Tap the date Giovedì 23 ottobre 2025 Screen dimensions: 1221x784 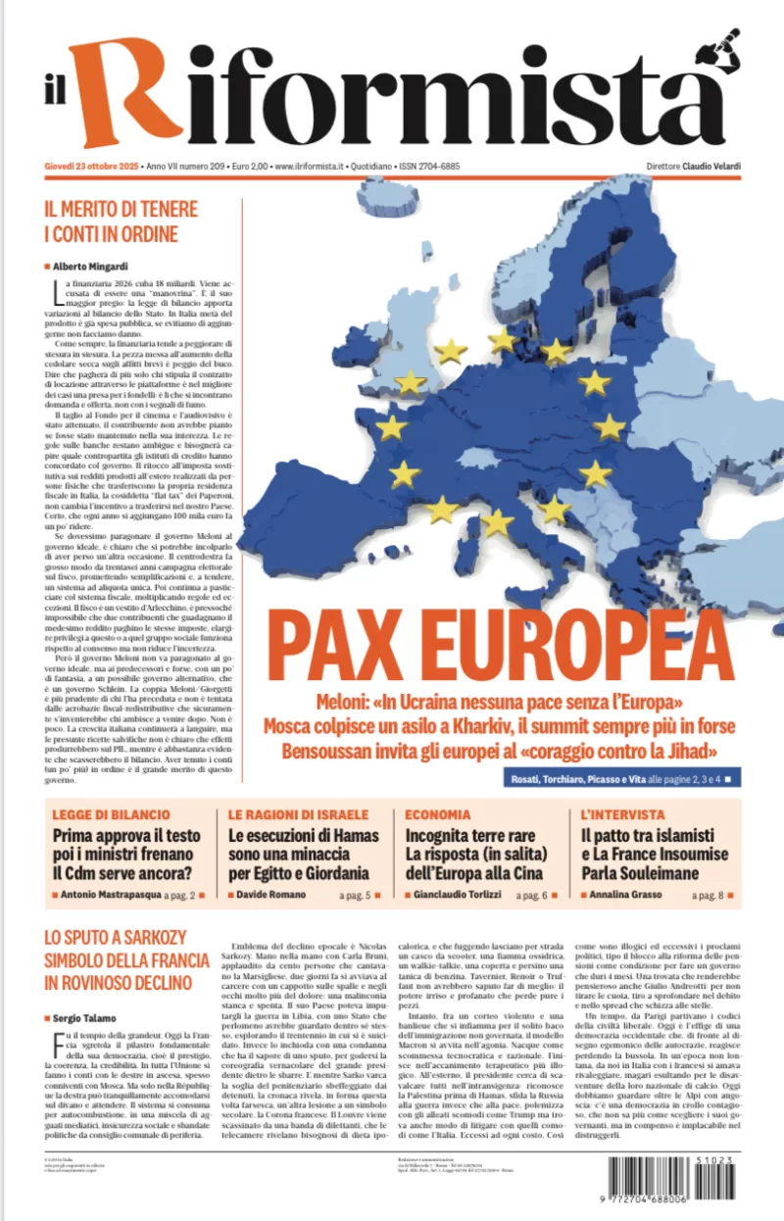[91, 166]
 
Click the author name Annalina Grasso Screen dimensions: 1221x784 [630, 895]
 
